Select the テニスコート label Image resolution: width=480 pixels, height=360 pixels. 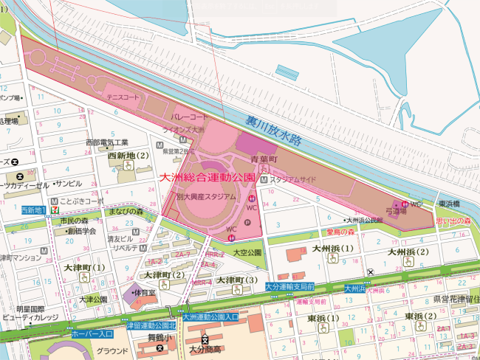coord(123,97)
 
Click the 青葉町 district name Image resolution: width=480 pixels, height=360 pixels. coord(262,159)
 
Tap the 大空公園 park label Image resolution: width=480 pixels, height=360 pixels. coord(247,252)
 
